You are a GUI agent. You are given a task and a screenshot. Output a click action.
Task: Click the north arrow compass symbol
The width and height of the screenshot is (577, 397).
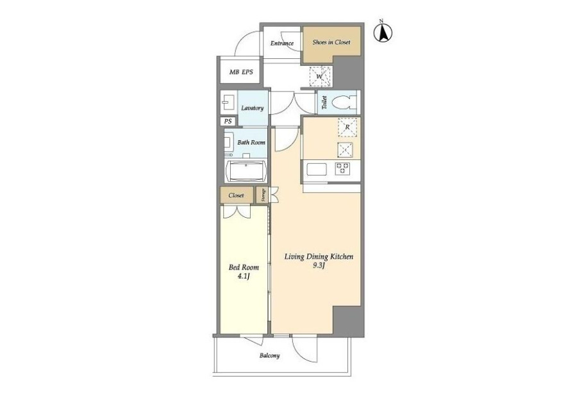click(x=383, y=32)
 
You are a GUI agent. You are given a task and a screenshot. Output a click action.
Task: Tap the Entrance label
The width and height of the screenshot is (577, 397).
click(x=282, y=44)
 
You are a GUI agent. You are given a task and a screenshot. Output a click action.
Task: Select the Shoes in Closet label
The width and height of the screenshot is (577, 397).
click(x=331, y=42)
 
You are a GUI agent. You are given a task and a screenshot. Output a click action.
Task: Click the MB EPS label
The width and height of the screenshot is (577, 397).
click(x=241, y=72)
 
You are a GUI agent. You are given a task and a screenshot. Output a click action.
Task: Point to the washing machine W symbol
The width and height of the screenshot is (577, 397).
click(x=320, y=76)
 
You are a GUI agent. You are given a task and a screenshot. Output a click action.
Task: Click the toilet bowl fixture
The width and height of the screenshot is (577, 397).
click(x=344, y=102)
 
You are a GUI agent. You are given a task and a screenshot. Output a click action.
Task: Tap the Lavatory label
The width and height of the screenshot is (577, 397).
click(x=253, y=108)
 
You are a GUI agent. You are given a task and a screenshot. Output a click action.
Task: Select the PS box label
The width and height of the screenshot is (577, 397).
click(x=228, y=121)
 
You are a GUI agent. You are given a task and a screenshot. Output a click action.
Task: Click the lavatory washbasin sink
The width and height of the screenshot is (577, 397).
click(x=228, y=102)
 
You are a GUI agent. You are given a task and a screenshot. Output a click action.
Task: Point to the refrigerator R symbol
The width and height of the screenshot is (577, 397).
click(x=347, y=127)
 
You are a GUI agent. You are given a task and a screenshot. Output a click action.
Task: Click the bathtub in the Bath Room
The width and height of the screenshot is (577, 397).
click(x=246, y=172)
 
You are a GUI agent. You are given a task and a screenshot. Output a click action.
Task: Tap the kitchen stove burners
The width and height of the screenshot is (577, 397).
click(x=342, y=169)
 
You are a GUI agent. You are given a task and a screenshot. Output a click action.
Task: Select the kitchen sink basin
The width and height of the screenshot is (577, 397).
click(x=317, y=170)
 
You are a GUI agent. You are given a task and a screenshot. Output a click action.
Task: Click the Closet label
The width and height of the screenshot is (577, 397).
click(x=236, y=195)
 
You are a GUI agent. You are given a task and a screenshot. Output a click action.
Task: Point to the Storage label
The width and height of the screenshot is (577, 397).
click(x=263, y=195)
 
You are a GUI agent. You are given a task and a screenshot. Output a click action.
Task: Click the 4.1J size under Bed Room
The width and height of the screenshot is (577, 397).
click(x=244, y=277)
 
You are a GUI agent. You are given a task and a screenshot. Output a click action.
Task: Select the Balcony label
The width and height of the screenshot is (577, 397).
click(x=270, y=356)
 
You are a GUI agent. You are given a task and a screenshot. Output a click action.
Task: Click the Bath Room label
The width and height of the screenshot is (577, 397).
click(x=251, y=142)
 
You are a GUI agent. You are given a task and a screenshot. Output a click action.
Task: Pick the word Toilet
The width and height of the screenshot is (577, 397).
click(x=324, y=102)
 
